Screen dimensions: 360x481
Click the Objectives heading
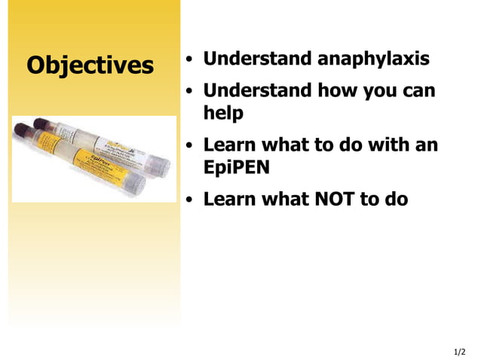click(90, 66)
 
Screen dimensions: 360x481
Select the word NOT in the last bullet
click(339, 200)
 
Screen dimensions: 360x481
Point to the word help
click(223, 114)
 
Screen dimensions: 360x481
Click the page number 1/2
click(460, 352)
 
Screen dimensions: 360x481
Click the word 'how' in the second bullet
click(339, 91)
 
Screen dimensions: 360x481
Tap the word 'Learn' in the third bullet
click(229, 145)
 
